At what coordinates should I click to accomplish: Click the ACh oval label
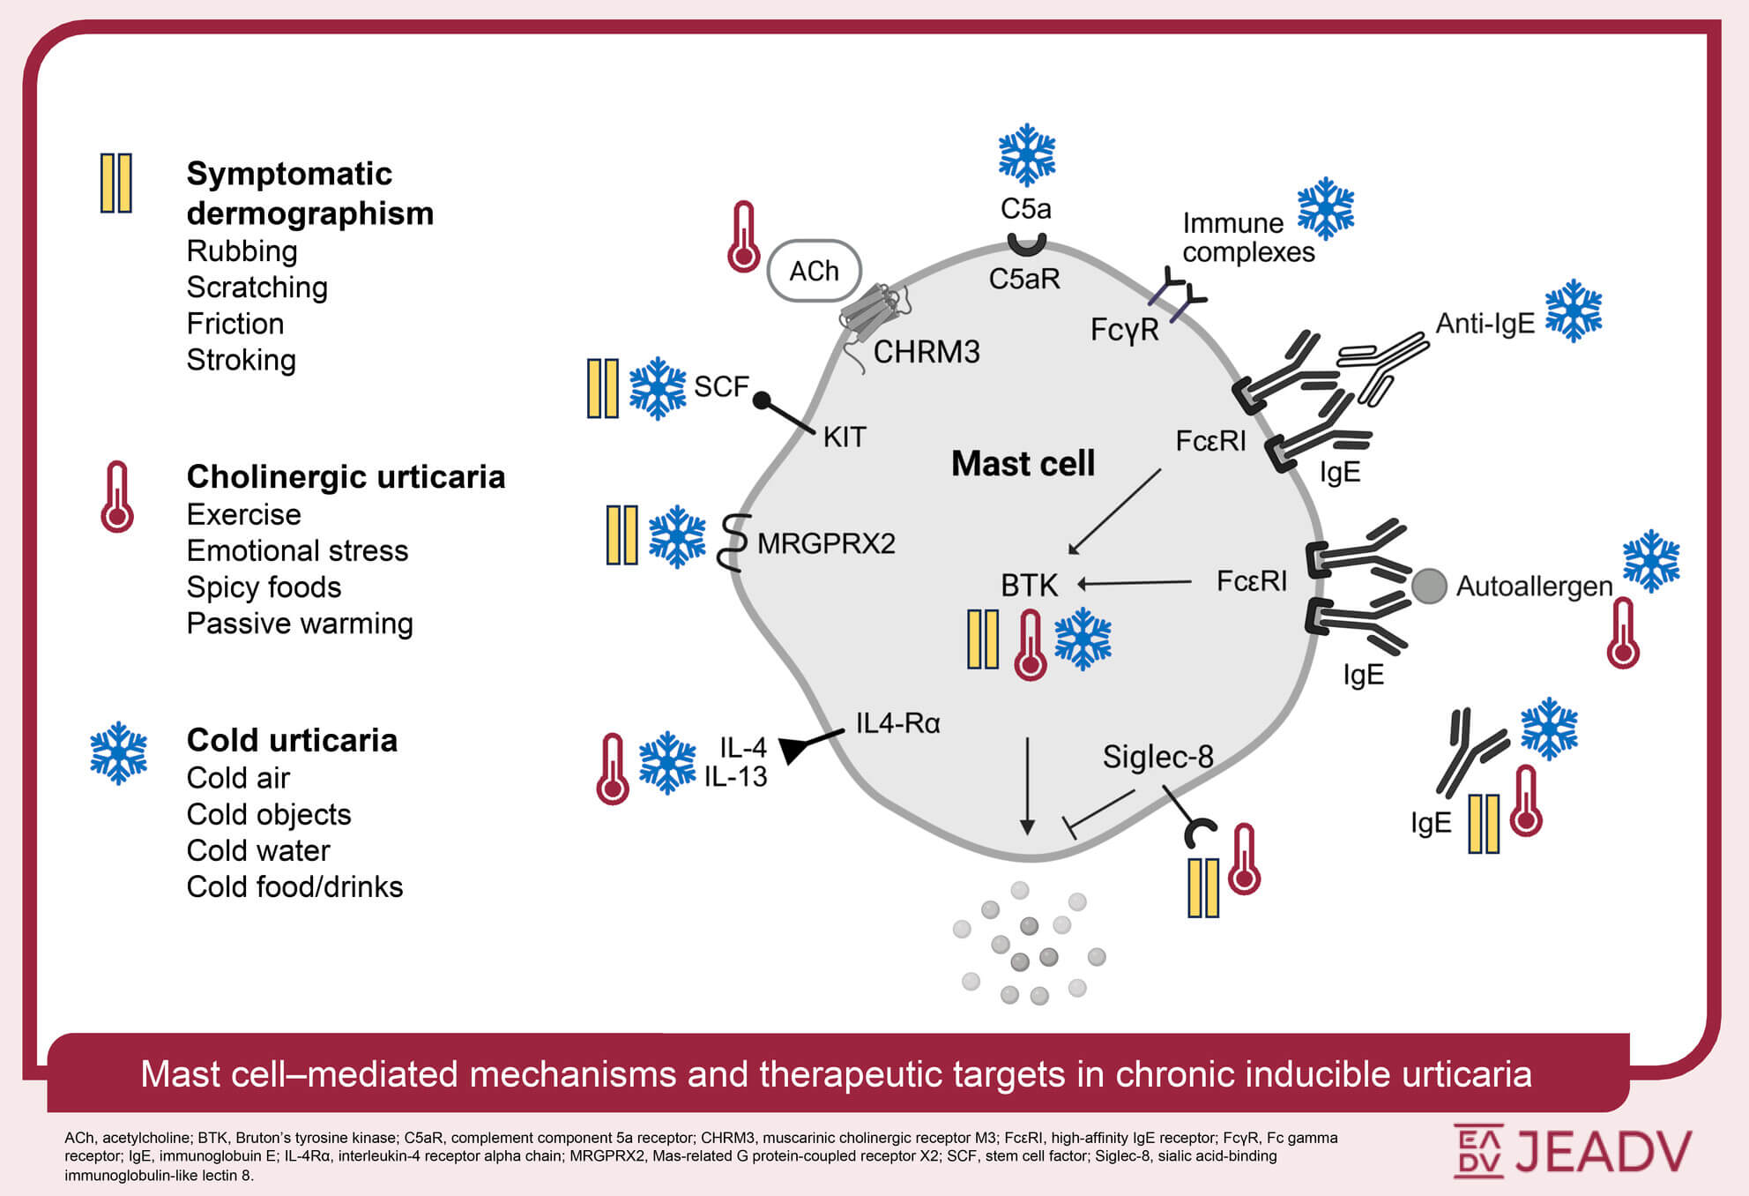coord(815,271)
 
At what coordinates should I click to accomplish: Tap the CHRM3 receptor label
coord(927,352)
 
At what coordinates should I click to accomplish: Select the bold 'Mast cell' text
coord(1023,463)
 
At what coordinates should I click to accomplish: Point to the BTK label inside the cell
coord(1029,585)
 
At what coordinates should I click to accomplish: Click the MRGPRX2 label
coord(826,543)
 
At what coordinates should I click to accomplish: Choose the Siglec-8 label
coord(1158,756)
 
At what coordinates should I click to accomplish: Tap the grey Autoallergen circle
coord(1429,586)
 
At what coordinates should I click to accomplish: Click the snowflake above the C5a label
coord(1027,155)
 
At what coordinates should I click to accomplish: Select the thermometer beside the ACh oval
coord(743,236)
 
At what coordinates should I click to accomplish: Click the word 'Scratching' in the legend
coord(257,288)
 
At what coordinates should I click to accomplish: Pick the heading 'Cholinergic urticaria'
coord(346,476)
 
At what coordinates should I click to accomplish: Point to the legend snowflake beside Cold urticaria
coord(119,753)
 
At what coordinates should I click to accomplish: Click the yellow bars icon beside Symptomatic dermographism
coord(116,183)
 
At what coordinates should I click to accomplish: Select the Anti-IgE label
coord(1485,324)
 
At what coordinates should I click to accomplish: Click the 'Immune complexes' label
coord(1248,237)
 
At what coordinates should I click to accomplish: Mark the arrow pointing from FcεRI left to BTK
coord(1135,583)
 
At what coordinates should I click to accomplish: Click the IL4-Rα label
coord(898,723)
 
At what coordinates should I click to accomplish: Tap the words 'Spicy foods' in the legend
coord(264,587)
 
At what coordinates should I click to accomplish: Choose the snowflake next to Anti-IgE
coord(1574,311)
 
